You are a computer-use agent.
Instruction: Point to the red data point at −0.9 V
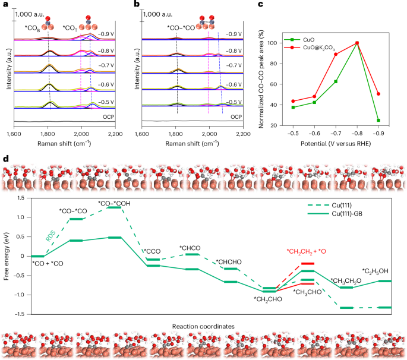point(378,94)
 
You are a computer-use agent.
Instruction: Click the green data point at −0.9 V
point(378,120)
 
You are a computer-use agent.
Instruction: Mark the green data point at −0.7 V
point(336,81)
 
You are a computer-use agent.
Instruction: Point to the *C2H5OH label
point(379,271)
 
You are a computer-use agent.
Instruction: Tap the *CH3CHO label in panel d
point(308,292)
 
